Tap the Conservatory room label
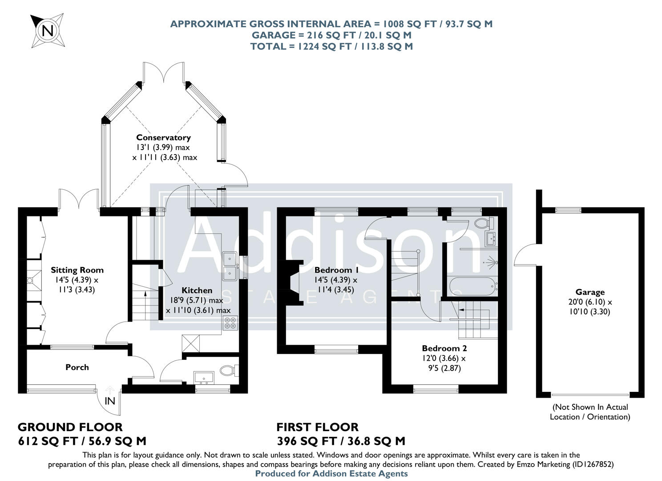point(163,138)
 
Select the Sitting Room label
point(77,270)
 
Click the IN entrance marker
point(110,400)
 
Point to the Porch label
point(77,367)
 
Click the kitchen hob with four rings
point(230,322)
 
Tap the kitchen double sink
point(230,266)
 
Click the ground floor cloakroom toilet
point(229,371)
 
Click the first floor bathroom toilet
point(482,223)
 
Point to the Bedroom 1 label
point(336,270)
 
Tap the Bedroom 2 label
point(444,348)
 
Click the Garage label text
point(590,292)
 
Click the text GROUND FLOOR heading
point(70,427)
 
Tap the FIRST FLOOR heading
point(317,427)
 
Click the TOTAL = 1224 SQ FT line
point(331,46)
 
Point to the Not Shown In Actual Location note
point(590,412)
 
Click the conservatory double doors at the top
point(164,72)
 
